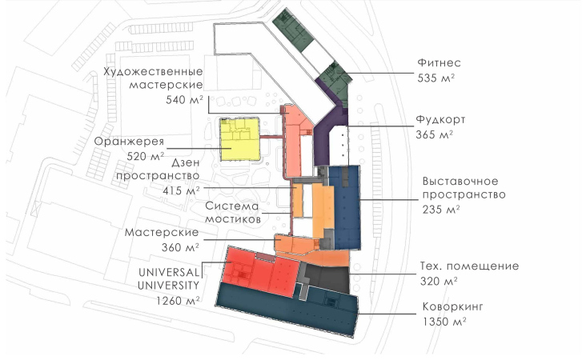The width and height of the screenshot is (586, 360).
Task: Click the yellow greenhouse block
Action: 240,140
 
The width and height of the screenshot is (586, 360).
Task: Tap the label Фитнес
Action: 439,62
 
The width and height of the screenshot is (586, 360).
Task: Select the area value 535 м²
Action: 436,78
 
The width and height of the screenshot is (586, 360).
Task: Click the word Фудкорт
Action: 440,119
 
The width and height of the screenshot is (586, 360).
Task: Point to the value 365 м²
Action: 435,134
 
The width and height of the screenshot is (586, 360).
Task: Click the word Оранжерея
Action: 129,142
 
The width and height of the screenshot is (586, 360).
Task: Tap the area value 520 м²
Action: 146,156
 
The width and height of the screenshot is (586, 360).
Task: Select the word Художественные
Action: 153,71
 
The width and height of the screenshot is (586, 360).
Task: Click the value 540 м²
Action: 185,100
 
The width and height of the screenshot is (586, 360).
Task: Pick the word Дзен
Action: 186,163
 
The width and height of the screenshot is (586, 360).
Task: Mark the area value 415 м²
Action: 181,190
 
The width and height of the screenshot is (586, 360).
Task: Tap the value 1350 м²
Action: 445,322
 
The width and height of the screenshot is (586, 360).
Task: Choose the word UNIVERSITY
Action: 169,286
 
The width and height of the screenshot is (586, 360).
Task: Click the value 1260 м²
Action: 178,301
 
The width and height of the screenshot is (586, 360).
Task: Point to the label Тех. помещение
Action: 470,266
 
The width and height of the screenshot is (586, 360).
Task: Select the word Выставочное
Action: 460,181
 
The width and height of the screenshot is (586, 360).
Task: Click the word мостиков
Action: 233,219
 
